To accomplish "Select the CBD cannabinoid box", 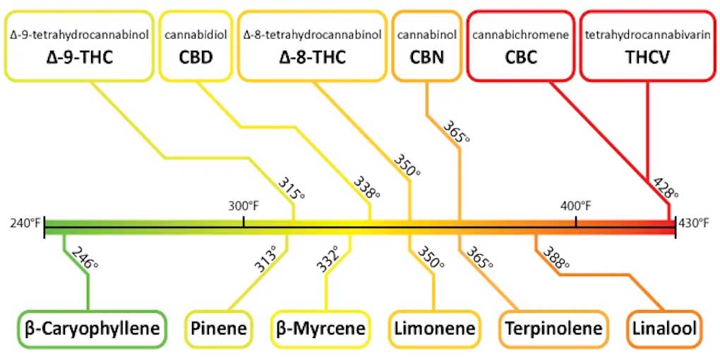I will (197, 46).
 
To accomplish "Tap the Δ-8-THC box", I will (313, 46).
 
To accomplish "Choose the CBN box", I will (427, 46).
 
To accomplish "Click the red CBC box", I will (520, 46).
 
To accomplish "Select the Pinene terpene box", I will (218, 328).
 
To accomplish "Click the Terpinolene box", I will (553, 328).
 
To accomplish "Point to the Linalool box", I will (664, 328).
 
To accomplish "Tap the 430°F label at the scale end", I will (694, 224).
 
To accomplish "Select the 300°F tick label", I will (244, 206).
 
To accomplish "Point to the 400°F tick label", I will (576, 206).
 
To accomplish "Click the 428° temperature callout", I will (666, 186).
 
